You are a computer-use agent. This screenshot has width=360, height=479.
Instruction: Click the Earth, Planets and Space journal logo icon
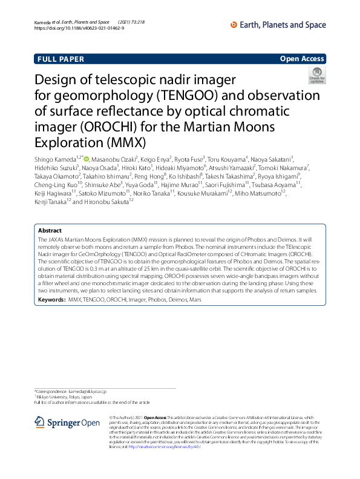point(235,25)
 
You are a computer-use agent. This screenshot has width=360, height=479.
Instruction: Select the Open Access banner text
point(303,59)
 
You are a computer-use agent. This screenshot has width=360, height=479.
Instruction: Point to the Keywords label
point(52,300)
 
